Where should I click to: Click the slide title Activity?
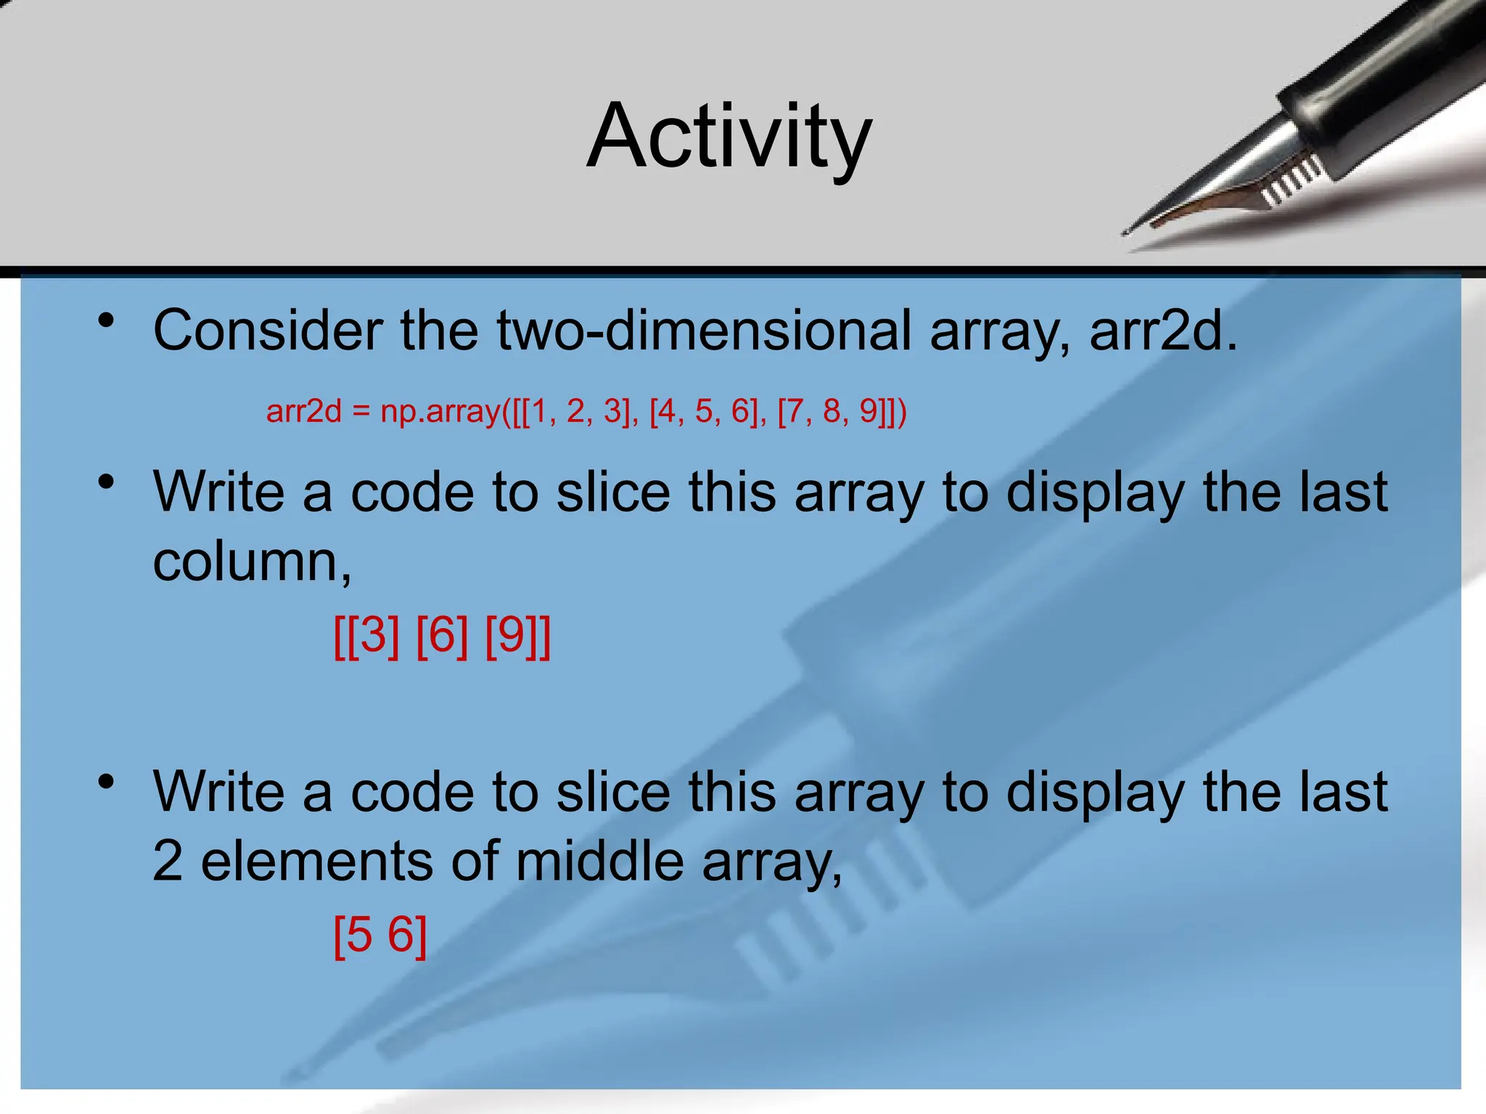[x=728, y=136]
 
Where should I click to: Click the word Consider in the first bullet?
[x=267, y=331]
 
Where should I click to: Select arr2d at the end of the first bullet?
[x=1161, y=331]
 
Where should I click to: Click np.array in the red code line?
[x=440, y=412]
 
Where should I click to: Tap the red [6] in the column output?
[x=442, y=635]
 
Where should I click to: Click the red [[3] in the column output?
[x=366, y=635]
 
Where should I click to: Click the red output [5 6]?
[x=380, y=935]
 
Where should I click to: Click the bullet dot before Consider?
[x=107, y=320]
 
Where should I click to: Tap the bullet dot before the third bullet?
[x=107, y=781]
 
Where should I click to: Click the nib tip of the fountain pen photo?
[x=1127, y=232]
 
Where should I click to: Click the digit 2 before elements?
[x=168, y=861]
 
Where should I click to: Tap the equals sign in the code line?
[x=361, y=412]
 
